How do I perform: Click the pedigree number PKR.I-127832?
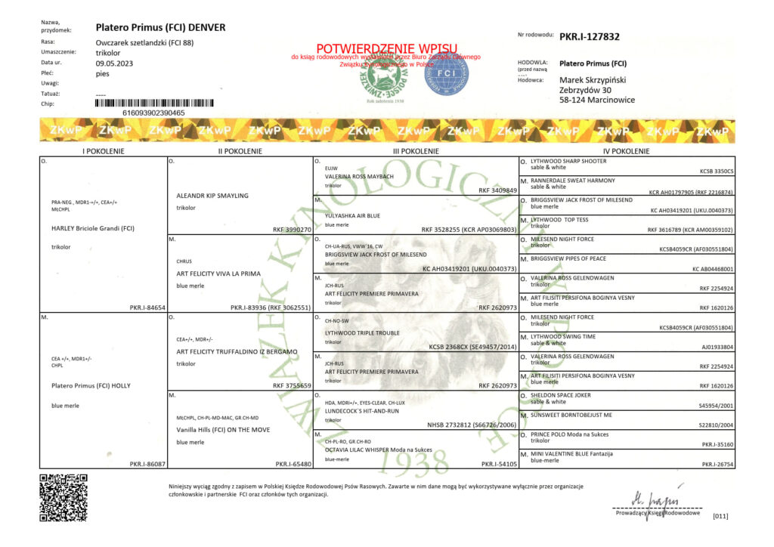click(x=590, y=36)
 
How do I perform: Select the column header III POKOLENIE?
click(x=416, y=151)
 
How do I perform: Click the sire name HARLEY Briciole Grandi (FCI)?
click(x=92, y=227)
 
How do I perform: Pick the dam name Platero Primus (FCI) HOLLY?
click(x=91, y=385)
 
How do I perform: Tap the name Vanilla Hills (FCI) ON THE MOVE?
click(x=223, y=429)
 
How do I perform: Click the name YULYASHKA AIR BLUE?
click(x=352, y=215)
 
